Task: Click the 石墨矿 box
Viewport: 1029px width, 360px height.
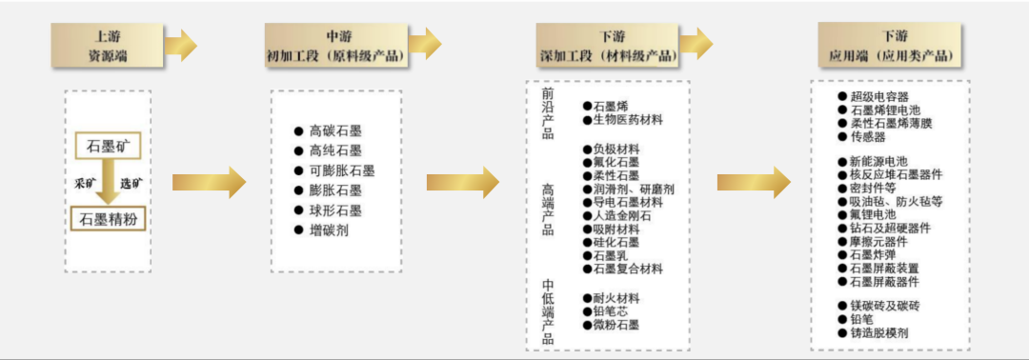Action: click(109, 147)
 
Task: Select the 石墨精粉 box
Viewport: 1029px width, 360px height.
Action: click(109, 219)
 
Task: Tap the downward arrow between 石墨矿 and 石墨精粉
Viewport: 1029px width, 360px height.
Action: click(109, 183)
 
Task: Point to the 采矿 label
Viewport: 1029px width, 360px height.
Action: click(86, 183)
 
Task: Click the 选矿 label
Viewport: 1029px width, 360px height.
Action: click(131, 183)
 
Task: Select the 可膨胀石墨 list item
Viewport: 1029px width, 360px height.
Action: click(334, 170)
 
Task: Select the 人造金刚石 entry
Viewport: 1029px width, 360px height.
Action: click(621, 216)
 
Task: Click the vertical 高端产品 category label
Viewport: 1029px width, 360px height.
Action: click(548, 210)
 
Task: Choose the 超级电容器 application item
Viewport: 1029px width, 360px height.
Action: click(878, 97)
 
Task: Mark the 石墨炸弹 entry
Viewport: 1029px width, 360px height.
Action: click(872, 255)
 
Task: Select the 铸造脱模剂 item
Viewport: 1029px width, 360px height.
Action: click(878, 333)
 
